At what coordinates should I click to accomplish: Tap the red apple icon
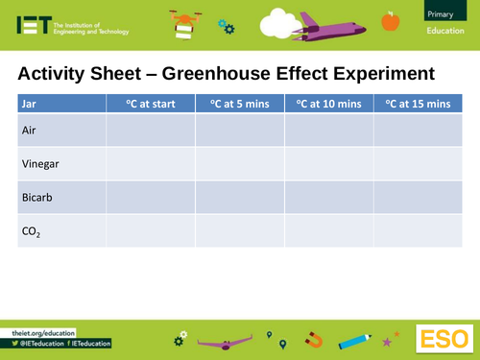coord(390,20)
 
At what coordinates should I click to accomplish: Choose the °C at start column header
coord(142,103)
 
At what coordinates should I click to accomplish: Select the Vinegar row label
coord(39,164)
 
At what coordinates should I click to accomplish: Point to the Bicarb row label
coord(36,199)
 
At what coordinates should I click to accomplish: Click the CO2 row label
coord(32,232)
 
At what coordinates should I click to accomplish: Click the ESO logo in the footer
coord(444,338)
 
